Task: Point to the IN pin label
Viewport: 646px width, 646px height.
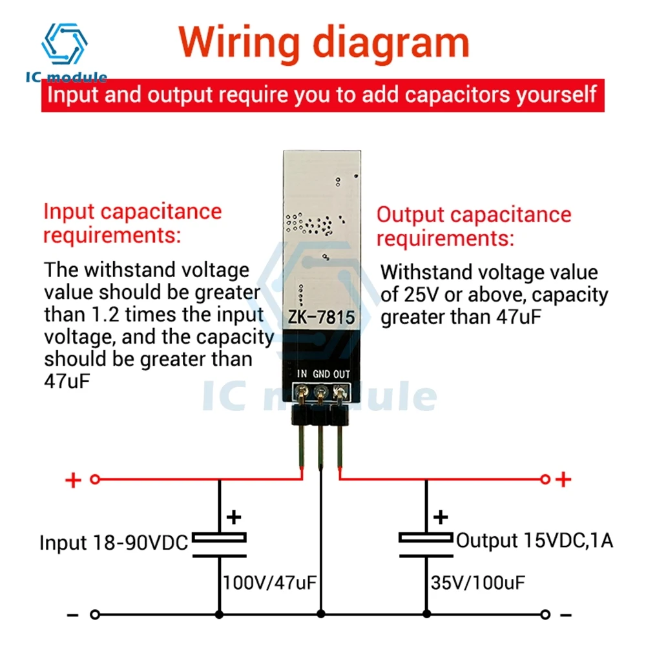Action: [x=302, y=373]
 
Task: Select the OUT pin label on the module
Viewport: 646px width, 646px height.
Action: [x=341, y=373]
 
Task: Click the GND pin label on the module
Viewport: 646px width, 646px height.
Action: [x=321, y=373]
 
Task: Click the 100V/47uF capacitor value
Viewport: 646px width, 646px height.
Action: [x=269, y=583]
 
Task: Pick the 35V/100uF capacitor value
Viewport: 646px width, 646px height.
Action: [x=478, y=583]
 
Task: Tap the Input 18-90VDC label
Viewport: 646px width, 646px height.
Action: [x=114, y=543]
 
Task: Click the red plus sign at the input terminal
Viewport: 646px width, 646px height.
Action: [x=74, y=480]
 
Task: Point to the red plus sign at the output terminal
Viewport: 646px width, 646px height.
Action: [x=564, y=479]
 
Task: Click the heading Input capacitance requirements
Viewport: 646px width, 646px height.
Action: [x=132, y=223]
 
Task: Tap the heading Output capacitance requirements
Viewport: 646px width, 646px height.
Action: [x=474, y=226]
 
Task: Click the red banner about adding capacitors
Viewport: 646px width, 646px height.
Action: [x=323, y=96]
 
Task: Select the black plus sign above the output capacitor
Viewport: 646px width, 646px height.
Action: [x=440, y=517]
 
